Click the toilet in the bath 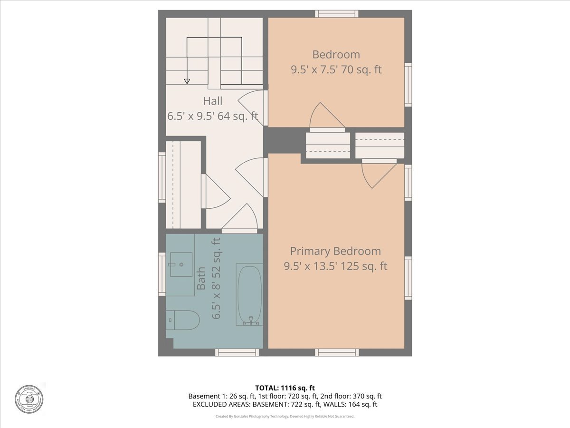pyautogui.click(x=183, y=320)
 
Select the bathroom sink pyautogui.click(x=181, y=264)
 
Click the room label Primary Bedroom pyautogui.click(x=335, y=251)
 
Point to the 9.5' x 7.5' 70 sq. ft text pyautogui.click(x=336, y=69)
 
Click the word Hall pyautogui.click(x=212, y=101)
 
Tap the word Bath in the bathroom pyautogui.click(x=201, y=278)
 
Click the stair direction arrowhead pyautogui.click(x=187, y=81)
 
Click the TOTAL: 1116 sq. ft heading pyautogui.click(x=285, y=388)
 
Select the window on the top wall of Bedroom pyautogui.click(x=337, y=14)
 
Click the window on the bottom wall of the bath pyautogui.click(x=237, y=352)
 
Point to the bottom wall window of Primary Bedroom pyautogui.click(x=337, y=352)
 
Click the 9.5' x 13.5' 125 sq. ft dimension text pyautogui.click(x=335, y=266)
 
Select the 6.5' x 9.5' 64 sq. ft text pyautogui.click(x=212, y=116)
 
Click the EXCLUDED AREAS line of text pyautogui.click(x=285, y=404)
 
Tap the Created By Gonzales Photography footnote pyautogui.click(x=285, y=416)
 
